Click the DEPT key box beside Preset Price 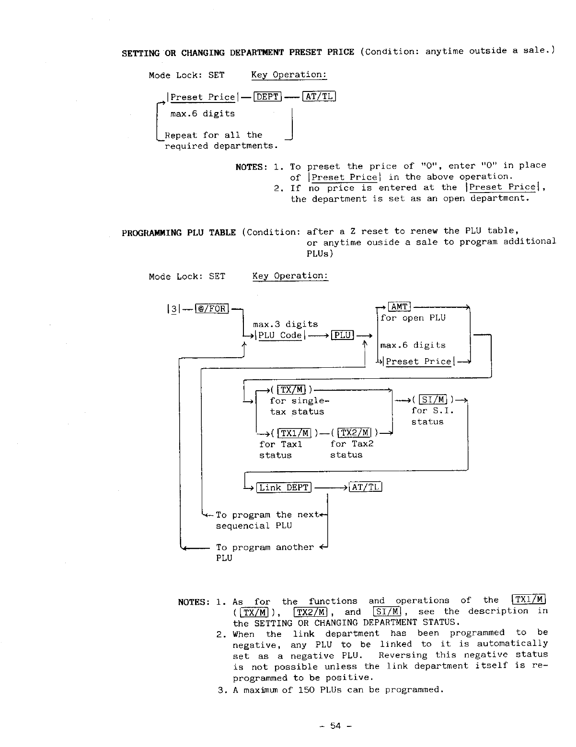tap(267, 97)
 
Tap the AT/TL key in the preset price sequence tap(319, 97)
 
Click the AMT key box tap(399, 307)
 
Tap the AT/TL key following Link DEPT tap(366, 487)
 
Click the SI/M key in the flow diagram tap(433, 399)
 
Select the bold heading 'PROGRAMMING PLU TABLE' tap(179, 233)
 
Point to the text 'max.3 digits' tap(285, 324)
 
